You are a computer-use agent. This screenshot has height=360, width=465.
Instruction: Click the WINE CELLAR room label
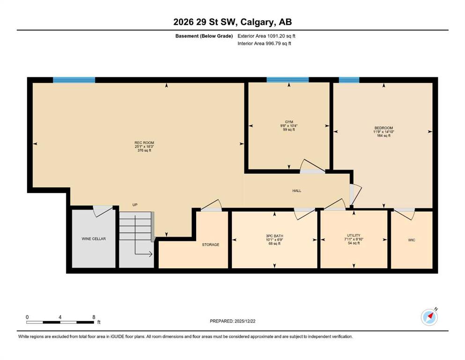(94, 239)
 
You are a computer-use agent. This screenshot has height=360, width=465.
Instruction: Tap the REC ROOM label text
(144, 143)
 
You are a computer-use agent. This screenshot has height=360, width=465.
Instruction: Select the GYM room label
(289, 122)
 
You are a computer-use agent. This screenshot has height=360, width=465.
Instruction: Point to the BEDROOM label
(384, 128)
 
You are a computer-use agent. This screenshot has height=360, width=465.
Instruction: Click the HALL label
(297, 191)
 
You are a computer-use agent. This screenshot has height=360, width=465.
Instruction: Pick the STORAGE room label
(211, 245)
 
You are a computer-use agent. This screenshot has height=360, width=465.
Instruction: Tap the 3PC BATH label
(274, 236)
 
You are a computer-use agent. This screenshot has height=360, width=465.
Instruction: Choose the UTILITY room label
(354, 235)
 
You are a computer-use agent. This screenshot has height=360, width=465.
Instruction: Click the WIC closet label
(412, 240)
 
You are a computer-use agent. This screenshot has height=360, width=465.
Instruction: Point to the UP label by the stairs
(135, 205)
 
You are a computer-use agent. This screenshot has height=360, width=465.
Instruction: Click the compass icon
(429, 317)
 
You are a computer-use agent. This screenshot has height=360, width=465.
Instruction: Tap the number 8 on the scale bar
(94, 317)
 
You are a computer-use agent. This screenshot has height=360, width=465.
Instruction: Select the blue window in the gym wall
(288, 80)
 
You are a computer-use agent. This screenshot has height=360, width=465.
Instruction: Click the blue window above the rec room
(74, 80)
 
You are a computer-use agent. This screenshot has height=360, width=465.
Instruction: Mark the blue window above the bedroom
(349, 80)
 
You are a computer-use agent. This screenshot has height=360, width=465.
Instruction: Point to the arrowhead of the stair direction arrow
(151, 254)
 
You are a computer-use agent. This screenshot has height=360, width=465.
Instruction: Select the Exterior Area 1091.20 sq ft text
(266, 36)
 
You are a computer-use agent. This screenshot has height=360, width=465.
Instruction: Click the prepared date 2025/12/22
(245, 321)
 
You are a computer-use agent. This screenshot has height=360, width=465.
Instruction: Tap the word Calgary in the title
(257, 22)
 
